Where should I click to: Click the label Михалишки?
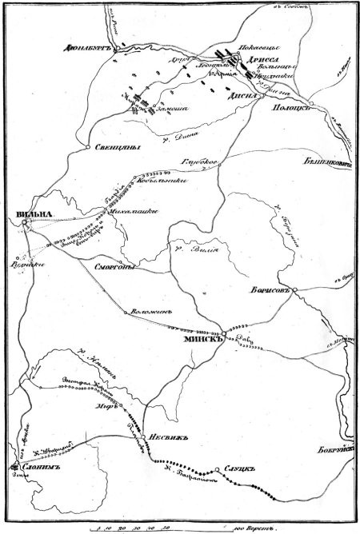[135, 211]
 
